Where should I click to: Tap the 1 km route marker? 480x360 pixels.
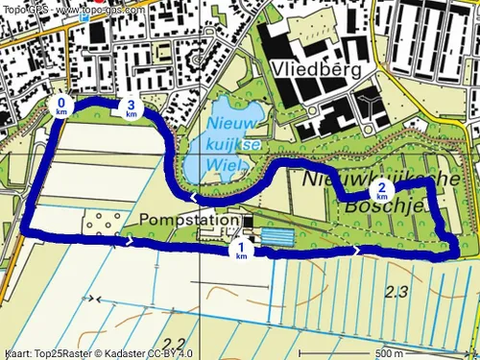click(242, 250)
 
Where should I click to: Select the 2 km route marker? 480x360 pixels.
click(382, 190)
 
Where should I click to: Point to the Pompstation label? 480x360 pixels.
click(188, 221)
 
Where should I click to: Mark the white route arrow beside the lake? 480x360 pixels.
click(196, 198)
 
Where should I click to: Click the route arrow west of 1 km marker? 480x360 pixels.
click(129, 242)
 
